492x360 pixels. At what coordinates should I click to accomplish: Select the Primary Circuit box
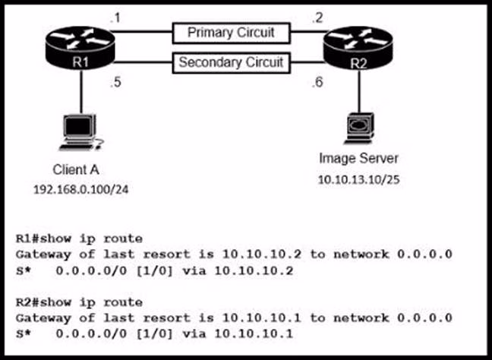[232, 33]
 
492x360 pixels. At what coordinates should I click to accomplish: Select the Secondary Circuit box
[232, 62]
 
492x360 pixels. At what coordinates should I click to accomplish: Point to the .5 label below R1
[115, 84]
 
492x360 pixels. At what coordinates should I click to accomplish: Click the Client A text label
[76, 169]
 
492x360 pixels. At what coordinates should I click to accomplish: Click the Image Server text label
[357, 159]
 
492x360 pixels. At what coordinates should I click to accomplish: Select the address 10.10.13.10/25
[358, 182]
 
